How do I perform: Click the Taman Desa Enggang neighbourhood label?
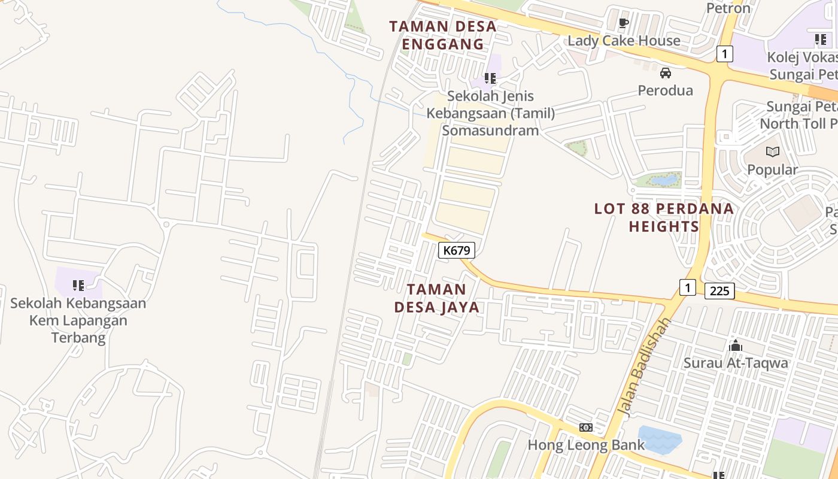(x=443, y=35)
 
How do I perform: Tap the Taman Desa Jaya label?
(x=437, y=298)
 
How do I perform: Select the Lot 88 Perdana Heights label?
(x=664, y=217)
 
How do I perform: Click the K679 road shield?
(x=457, y=250)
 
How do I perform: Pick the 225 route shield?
(x=719, y=291)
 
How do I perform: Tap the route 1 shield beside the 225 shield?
(x=688, y=287)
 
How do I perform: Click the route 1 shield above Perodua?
(x=724, y=54)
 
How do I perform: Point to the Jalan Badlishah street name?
(x=645, y=367)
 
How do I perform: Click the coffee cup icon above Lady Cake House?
(x=623, y=23)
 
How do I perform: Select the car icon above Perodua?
(x=665, y=73)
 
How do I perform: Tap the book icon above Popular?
(x=773, y=152)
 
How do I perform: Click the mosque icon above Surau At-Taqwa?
(x=736, y=345)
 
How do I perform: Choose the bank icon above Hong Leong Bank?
(x=586, y=427)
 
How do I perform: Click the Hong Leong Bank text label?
(x=586, y=445)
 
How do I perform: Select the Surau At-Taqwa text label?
(x=736, y=363)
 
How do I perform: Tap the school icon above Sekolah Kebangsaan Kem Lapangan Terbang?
(x=78, y=286)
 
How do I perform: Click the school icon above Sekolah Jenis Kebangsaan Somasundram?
(x=490, y=78)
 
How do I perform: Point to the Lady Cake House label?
(x=624, y=41)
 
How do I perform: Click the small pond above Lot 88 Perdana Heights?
(x=664, y=180)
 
